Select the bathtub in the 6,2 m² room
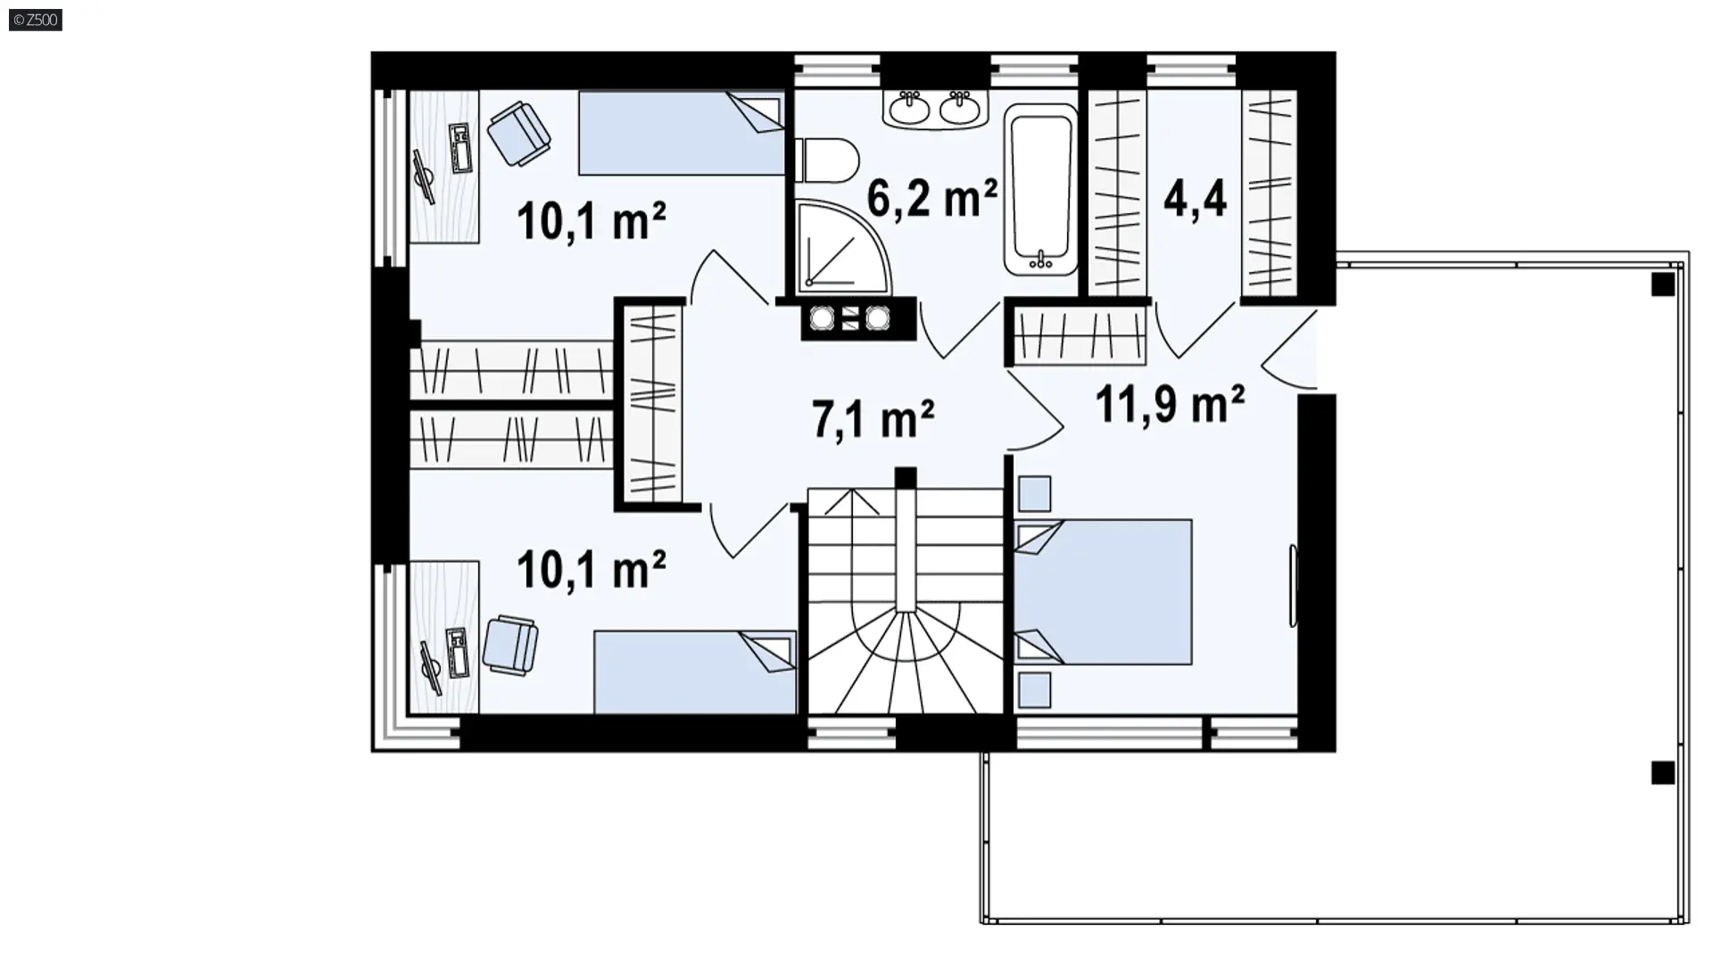(x=1040, y=190)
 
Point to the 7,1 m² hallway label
(x=873, y=418)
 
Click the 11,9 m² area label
(x=1169, y=404)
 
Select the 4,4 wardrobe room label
(x=1195, y=198)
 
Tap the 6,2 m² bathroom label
(x=931, y=198)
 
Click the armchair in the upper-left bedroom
(x=518, y=133)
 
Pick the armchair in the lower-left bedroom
(x=510, y=644)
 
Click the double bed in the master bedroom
(x=1104, y=592)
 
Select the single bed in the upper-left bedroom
(x=682, y=133)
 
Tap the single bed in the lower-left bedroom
(x=695, y=672)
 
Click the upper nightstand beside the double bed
(x=1034, y=494)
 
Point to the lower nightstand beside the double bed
(x=1034, y=690)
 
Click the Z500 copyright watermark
(x=36, y=20)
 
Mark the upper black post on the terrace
(x=1662, y=285)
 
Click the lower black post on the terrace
(x=1662, y=772)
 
